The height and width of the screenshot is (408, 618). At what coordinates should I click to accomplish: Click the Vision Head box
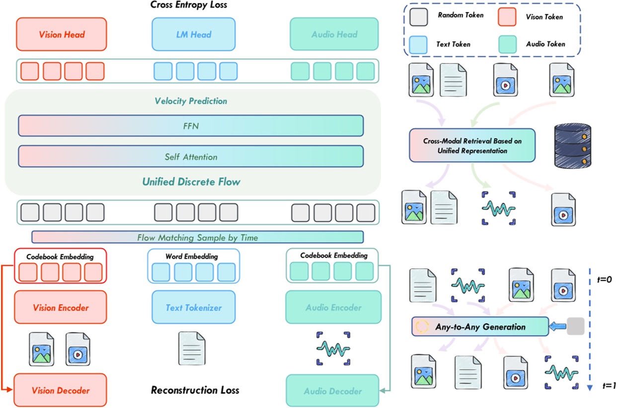tap(62, 34)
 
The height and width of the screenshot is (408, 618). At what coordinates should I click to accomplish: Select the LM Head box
tap(194, 34)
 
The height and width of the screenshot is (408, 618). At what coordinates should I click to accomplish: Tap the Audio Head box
tap(334, 34)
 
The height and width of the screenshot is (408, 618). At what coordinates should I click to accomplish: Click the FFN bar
tap(191, 126)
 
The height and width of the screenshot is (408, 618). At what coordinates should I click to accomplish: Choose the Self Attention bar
tap(191, 157)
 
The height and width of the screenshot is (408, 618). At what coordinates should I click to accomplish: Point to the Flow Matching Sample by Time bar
tap(197, 237)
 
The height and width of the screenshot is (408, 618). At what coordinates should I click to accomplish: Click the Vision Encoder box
tap(61, 308)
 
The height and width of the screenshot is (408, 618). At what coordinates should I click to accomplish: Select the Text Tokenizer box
tap(194, 308)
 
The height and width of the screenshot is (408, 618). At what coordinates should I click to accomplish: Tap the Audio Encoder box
tap(333, 308)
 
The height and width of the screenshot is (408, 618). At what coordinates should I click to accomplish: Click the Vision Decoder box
tap(61, 390)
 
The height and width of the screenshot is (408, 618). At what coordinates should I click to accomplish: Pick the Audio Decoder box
tap(332, 391)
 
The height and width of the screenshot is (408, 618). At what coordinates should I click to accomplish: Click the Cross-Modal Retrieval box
tap(472, 146)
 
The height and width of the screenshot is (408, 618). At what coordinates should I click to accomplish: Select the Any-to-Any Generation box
tap(480, 326)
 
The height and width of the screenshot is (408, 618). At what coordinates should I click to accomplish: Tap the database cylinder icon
tap(572, 144)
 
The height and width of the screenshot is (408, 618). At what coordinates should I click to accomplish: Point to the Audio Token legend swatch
tap(510, 45)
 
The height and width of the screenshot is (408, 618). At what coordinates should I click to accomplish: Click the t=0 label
tap(603, 280)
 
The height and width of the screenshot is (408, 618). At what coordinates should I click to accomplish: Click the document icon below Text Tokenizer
tap(192, 348)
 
